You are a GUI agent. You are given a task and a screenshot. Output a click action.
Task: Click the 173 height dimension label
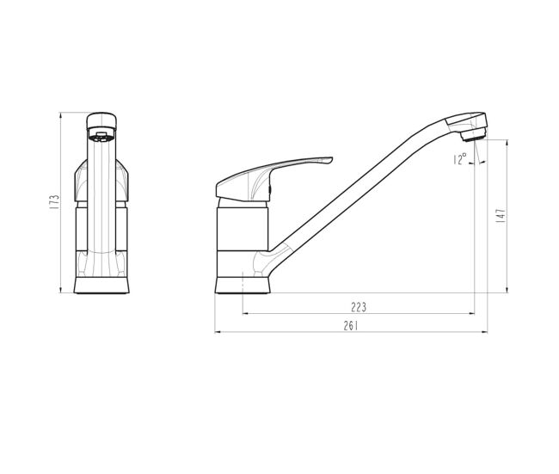click(54, 202)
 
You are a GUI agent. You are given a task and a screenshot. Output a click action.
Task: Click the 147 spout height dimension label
click(501, 216)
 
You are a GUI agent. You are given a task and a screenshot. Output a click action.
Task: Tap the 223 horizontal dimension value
click(359, 307)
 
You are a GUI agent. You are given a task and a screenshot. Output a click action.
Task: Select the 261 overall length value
click(351, 326)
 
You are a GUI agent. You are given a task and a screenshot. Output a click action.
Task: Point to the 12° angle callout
click(460, 159)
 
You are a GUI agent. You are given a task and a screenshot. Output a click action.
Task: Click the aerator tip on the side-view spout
click(473, 136)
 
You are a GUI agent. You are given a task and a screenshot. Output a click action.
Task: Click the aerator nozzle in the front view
click(101, 137)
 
